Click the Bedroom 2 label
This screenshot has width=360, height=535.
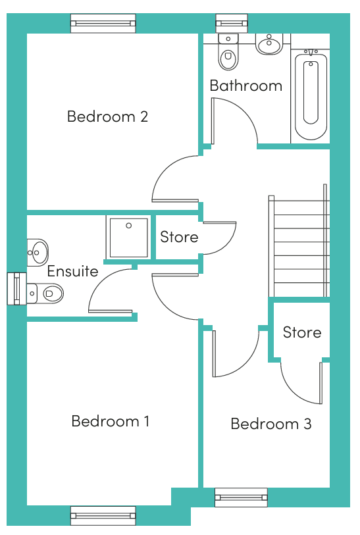(107, 116)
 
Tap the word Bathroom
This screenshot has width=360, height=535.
(245, 86)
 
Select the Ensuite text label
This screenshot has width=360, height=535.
(72, 271)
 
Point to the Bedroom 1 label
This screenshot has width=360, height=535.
(110, 421)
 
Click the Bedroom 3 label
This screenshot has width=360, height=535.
(270, 424)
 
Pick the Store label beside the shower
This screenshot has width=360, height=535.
(179, 237)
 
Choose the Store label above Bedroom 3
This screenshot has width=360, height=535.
(301, 332)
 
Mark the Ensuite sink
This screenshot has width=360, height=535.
(37, 251)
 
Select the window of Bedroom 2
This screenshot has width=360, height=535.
(103, 24)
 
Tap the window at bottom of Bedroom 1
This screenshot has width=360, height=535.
(103, 515)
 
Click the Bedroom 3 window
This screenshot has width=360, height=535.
(241, 497)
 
